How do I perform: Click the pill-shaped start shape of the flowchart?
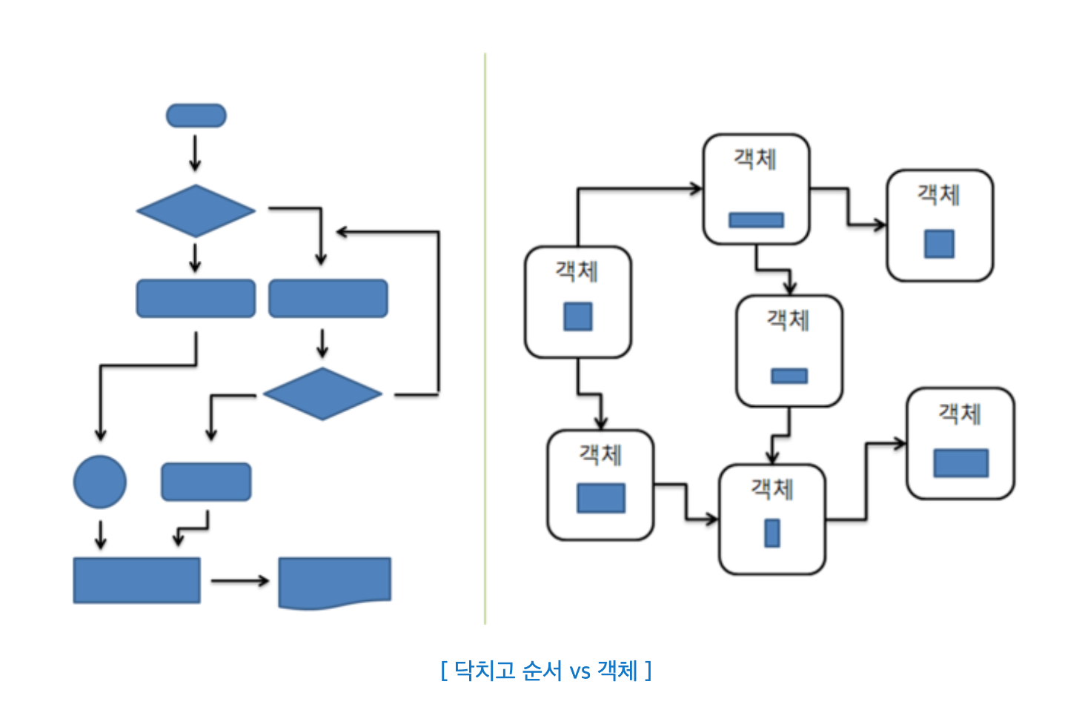196,116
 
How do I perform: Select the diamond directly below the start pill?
196,211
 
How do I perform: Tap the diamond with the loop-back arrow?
322,394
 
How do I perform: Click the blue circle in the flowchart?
100,482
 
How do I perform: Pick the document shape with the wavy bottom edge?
334,582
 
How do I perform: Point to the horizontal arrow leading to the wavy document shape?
239,581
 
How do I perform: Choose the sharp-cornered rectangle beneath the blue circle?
136,580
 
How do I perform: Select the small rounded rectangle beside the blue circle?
206,482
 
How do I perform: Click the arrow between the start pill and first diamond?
195,153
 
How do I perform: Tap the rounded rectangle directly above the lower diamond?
328,299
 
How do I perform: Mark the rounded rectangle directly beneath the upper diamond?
196,299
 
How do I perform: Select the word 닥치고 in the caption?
484,671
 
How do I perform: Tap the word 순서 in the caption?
541,671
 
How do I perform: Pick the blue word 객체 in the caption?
617,671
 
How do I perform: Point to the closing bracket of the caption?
648,671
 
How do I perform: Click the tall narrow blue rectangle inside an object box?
772,533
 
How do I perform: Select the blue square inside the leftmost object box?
578,316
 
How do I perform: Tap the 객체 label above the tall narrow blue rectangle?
772,489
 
